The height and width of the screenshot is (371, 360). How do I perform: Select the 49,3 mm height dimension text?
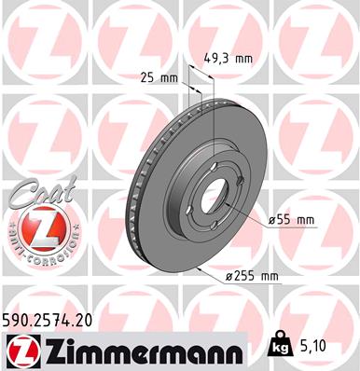(228, 59)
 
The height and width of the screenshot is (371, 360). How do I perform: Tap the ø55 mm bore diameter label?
(292, 220)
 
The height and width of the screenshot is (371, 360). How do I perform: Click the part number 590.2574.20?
(55, 320)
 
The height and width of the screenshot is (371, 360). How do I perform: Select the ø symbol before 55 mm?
(272, 220)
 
